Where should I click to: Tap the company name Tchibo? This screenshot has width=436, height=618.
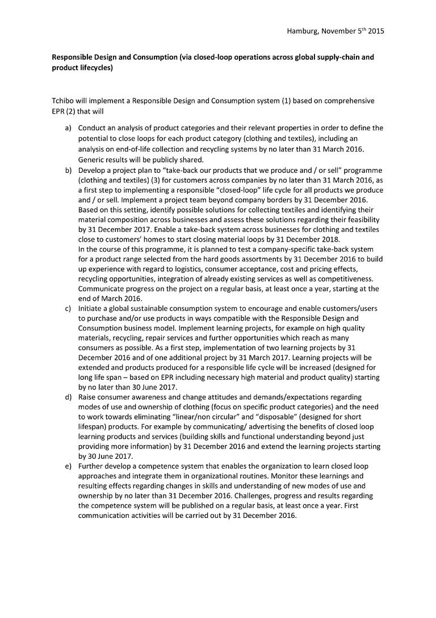click(x=62, y=101)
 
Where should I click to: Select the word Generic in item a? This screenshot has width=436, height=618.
click(x=91, y=159)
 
